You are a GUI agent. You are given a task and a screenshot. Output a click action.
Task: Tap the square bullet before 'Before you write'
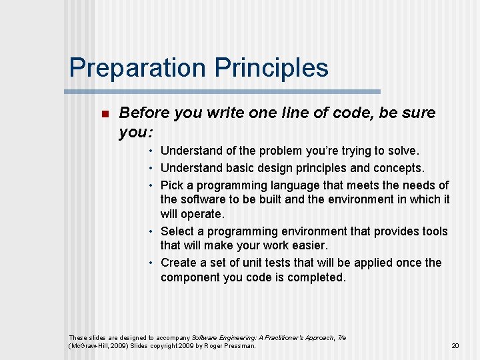103,114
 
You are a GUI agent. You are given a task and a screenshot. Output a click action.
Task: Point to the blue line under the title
225,91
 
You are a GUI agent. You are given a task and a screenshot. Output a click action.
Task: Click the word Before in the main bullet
144,113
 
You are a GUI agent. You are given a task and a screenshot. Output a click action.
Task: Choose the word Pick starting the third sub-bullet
172,185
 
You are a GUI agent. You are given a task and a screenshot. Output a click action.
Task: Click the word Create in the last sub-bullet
179,263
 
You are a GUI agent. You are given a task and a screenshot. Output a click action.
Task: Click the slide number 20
455,346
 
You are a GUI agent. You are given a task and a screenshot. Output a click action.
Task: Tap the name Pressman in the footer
239,346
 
